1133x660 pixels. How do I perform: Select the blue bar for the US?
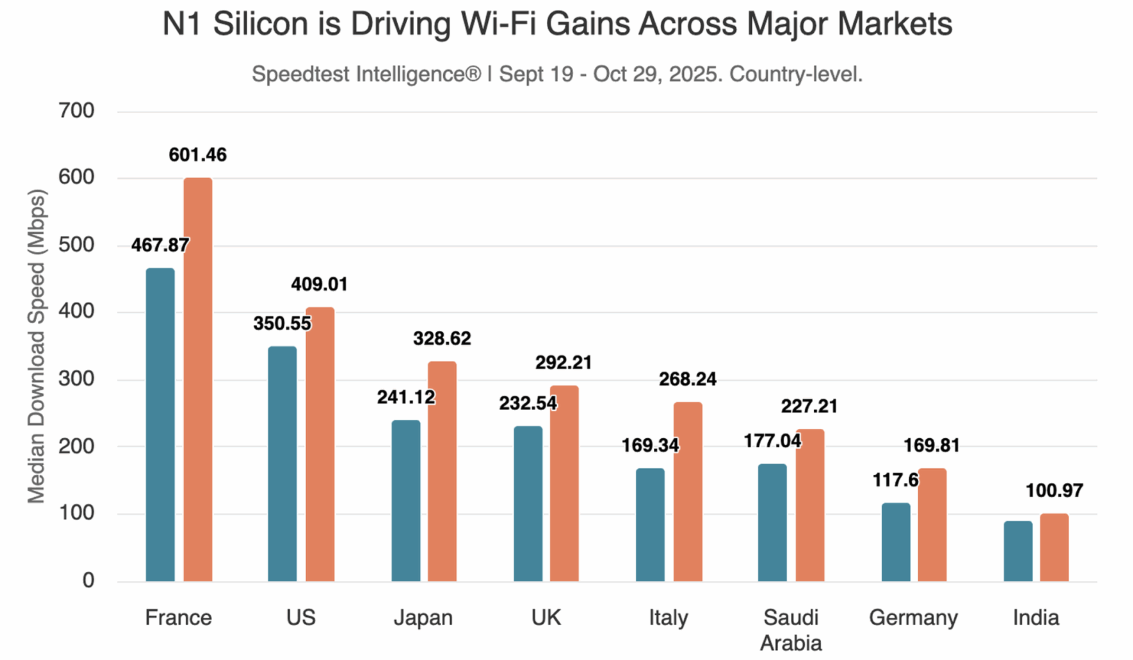(x=282, y=464)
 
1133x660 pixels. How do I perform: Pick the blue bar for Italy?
(x=650, y=524)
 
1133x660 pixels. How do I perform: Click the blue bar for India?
(x=1018, y=551)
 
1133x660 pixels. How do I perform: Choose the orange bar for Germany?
(x=932, y=524)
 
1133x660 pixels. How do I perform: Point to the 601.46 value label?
(x=198, y=155)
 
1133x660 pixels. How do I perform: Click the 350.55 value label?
(x=282, y=323)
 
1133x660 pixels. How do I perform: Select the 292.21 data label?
(x=564, y=363)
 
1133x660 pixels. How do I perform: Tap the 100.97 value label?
(x=1054, y=491)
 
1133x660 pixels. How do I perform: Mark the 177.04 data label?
(x=772, y=441)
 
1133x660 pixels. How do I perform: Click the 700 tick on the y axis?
(x=76, y=111)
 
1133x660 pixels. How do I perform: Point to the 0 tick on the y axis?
(x=88, y=580)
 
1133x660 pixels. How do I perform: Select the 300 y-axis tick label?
(x=76, y=379)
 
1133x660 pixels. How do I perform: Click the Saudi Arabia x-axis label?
(x=791, y=629)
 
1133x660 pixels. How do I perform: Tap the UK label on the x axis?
(x=546, y=618)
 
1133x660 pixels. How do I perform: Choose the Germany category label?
(x=913, y=618)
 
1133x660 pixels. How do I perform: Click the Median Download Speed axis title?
(x=37, y=346)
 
